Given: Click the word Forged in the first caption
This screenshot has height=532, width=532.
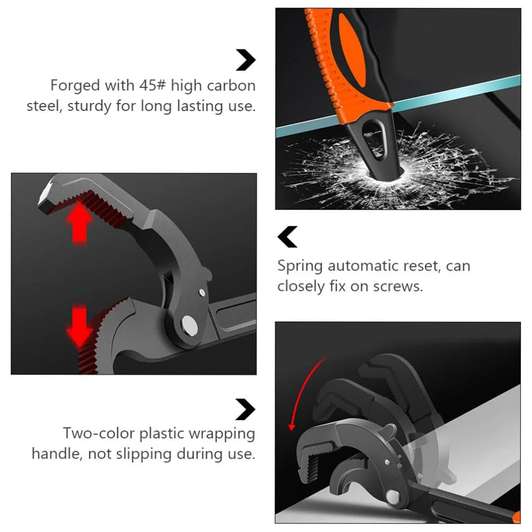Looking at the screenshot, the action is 75,86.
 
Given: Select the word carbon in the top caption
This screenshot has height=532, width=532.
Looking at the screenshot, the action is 231,86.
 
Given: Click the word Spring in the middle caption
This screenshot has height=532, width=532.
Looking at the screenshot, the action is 300,266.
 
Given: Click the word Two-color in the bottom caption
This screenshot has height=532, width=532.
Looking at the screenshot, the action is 99,433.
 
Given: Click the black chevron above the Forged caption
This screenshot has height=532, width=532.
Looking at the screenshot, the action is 246,60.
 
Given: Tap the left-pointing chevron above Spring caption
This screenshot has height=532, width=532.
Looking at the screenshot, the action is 288,237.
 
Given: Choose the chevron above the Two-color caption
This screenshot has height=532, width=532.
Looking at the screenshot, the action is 246,410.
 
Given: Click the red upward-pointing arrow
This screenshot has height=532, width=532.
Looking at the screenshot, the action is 80,223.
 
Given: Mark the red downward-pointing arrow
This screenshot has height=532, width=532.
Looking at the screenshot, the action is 80,326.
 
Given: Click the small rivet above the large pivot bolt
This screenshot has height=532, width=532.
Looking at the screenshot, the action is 202,292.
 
